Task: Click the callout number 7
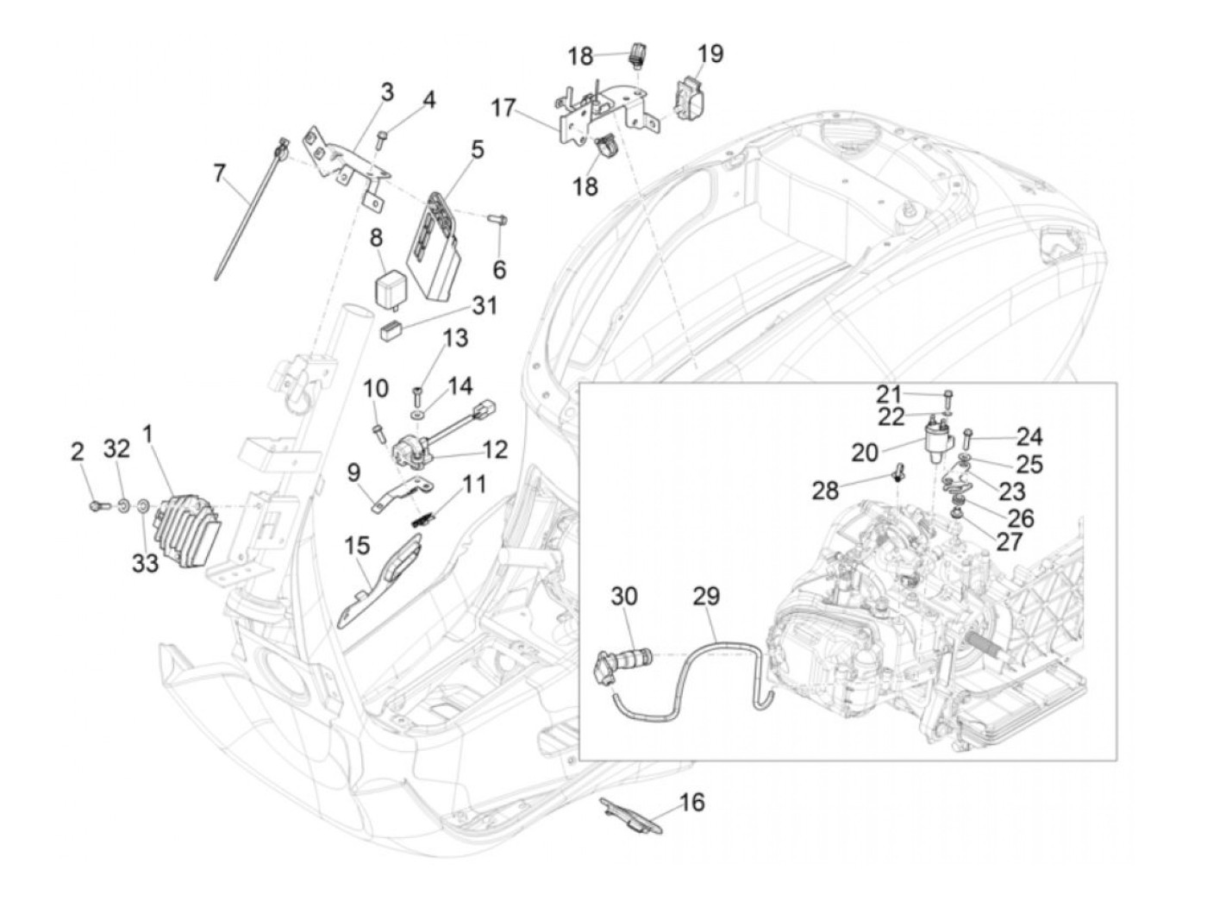pyautogui.click(x=219, y=174)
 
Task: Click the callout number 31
pyautogui.click(x=485, y=306)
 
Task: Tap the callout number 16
pyautogui.click(x=691, y=803)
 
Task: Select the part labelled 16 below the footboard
pyautogui.click(x=634, y=815)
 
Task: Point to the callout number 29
pyautogui.click(x=705, y=597)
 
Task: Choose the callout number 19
pyautogui.click(x=710, y=53)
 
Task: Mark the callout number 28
pyautogui.click(x=825, y=491)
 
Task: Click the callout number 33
pyautogui.click(x=145, y=564)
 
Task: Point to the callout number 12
pyautogui.click(x=495, y=449)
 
